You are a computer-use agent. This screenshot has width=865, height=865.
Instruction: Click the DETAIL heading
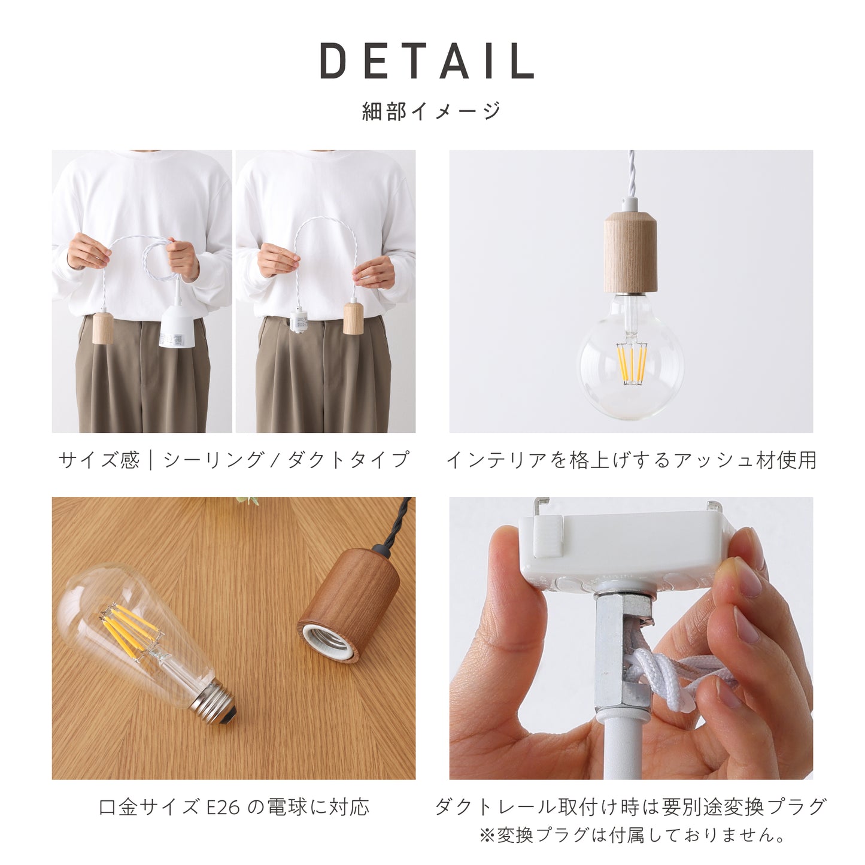pos(427,62)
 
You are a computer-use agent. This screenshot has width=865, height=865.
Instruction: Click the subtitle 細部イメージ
pos(432,111)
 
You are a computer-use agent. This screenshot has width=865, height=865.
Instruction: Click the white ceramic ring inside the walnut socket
pos(329,639)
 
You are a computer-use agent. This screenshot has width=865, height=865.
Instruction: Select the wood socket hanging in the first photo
pos(103,328)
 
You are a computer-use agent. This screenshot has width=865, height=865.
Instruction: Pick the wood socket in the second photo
pos(353,318)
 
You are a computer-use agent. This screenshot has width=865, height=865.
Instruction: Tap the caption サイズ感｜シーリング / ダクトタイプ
pos(233,460)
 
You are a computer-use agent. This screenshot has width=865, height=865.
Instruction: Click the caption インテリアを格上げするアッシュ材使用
pos(631,460)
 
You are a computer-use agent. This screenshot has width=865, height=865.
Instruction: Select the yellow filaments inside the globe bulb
pos(632,363)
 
